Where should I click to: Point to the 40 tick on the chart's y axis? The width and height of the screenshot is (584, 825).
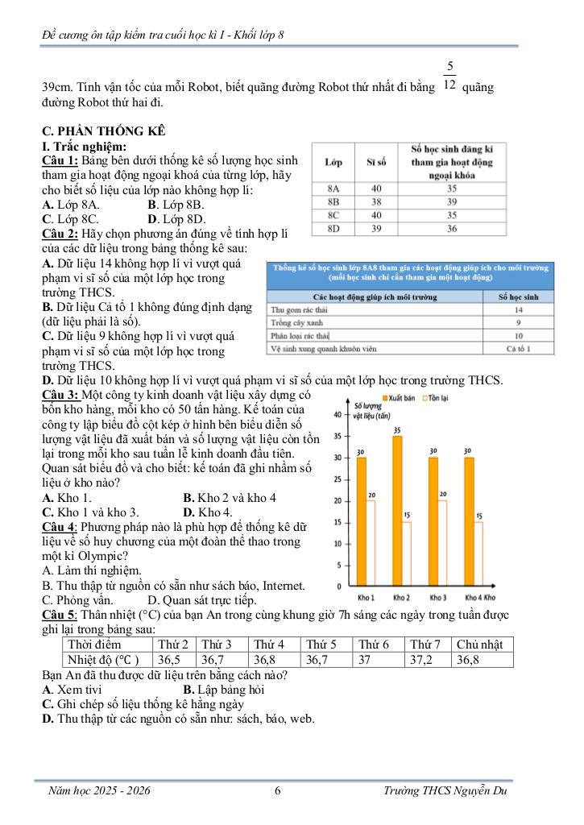336,415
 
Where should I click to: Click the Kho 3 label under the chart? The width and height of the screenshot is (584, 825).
438,599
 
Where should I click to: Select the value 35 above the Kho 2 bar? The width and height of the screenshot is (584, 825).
397,430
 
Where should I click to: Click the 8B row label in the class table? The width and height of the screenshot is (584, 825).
333,201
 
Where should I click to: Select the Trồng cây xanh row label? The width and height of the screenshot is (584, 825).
297,322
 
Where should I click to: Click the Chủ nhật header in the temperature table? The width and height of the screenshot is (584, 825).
479,645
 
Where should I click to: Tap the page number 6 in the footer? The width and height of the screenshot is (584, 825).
278,791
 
